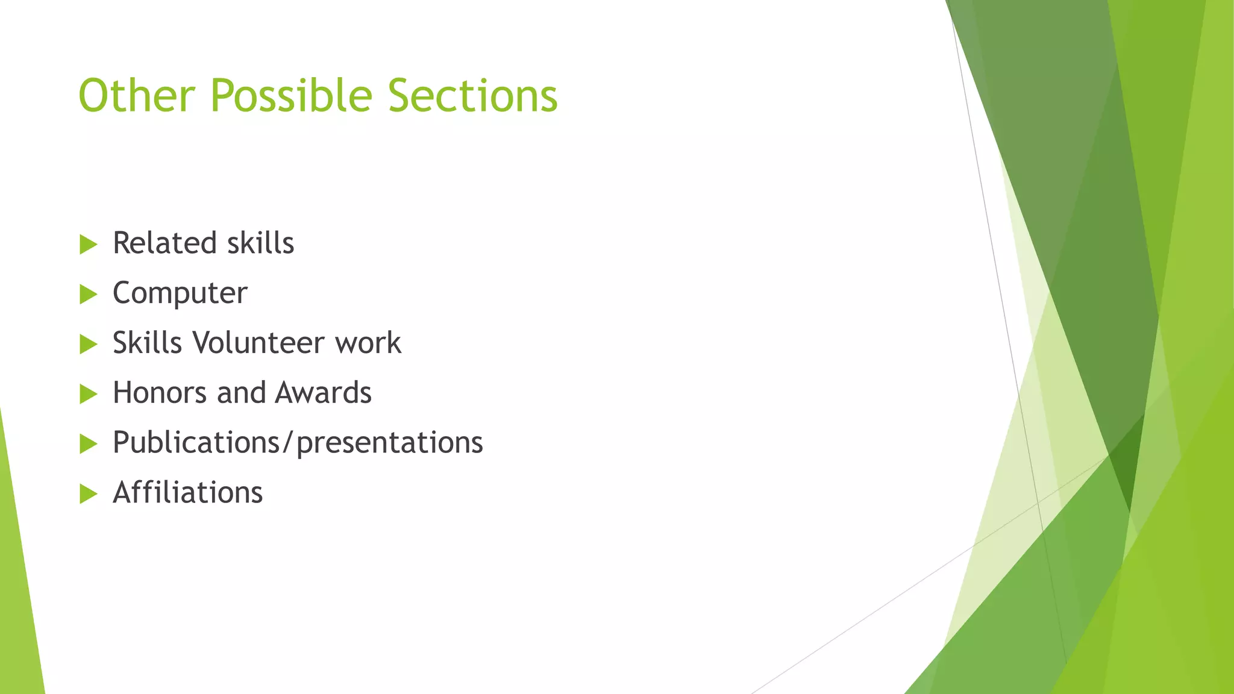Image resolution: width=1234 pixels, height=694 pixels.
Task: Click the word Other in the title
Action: click(x=137, y=96)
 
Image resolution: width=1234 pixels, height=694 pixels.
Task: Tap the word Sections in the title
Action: click(x=473, y=96)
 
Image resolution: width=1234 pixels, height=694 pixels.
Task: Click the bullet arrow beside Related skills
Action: click(x=88, y=245)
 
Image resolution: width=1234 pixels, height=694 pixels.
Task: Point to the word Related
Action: click(x=164, y=243)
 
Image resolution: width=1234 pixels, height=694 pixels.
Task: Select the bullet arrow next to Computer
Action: click(x=88, y=295)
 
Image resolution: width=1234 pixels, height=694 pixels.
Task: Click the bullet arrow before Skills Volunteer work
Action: click(x=88, y=345)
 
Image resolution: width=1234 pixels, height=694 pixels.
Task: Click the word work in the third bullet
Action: click(x=368, y=343)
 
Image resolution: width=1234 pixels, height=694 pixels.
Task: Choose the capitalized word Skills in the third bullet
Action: click(x=147, y=343)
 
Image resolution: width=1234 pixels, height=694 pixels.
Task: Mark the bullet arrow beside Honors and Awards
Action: click(x=88, y=395)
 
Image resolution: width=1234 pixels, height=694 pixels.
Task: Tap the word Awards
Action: click(x=323, y=393)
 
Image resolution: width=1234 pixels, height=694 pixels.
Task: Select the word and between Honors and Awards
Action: click(x=241, y=393)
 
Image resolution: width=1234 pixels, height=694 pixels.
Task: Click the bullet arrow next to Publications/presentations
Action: click(x=88, y=445)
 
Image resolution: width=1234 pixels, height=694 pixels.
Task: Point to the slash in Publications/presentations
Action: click(x=289, y=443)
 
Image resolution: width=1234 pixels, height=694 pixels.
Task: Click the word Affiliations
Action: click(x=188, y=493)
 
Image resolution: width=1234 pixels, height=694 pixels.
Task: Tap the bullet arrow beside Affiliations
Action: click(x=88, y=495)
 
